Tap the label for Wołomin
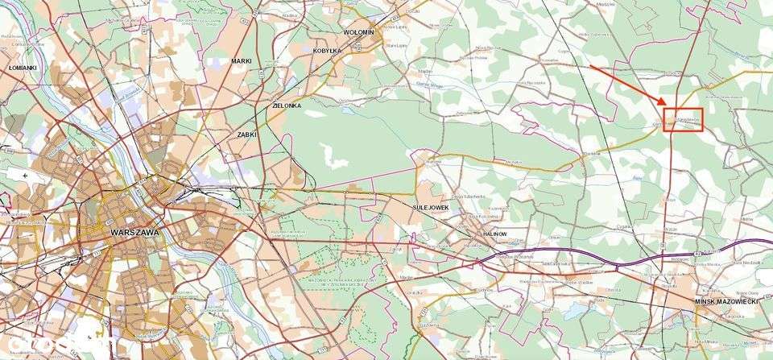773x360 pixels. pyautogui.click(x=358, y=32)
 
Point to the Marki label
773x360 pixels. pyautogui.click(x=242, y=61)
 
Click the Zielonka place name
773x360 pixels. pyautogui.click(x=286, y=106)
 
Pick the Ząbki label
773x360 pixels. pyautogui.click(x=246, y=134)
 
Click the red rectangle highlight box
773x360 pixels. pyautogui.click(x=684, y=120)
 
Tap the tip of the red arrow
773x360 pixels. pyautogui.click(x=664, y=106)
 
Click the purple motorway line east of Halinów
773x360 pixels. pyautogui.click(x=564, y=257)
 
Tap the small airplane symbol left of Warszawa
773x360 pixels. pyautogui.click(x=27, y=175)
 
